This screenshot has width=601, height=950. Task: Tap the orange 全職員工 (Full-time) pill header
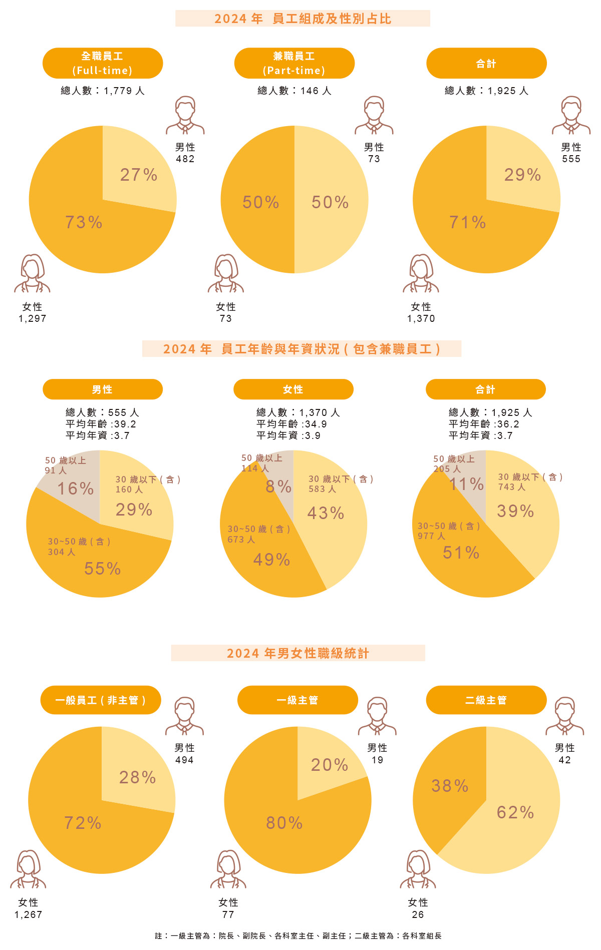click(x=103, y=63)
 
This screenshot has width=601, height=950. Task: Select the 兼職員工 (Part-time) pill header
click(x=294, y=63)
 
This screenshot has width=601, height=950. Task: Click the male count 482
click(x=185, y=159)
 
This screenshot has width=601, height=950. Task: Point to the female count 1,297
click(x=33, y=319)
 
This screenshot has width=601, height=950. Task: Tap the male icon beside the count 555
click(x=571, y=115)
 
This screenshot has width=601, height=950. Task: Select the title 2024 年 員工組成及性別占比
click(x=303, y=19)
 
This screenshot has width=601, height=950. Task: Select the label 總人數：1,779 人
click(x=103, y=91)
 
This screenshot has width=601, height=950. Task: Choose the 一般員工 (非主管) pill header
click(x=101, y=700)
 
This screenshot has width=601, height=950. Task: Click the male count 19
click(x=377, y=760)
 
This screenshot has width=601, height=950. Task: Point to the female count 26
click(x=418, y=914)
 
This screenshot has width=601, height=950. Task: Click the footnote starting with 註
click(x=298, y=935)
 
